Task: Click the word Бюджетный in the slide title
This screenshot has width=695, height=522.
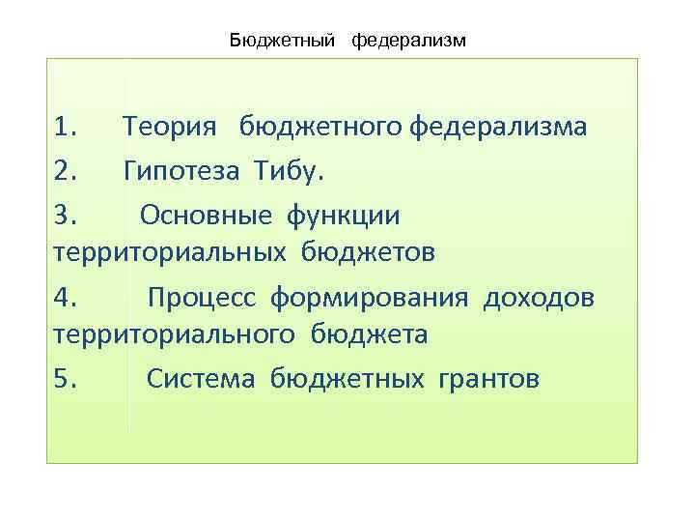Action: click(282, 41)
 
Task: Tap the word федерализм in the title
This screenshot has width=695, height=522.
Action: click(409, 41)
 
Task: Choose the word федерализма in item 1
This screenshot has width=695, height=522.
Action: click(497, 130)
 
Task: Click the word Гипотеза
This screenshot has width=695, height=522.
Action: click(183, 171)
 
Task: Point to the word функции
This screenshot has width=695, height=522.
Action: click(342, 214)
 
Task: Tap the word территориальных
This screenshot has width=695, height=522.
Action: click(169, 253)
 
